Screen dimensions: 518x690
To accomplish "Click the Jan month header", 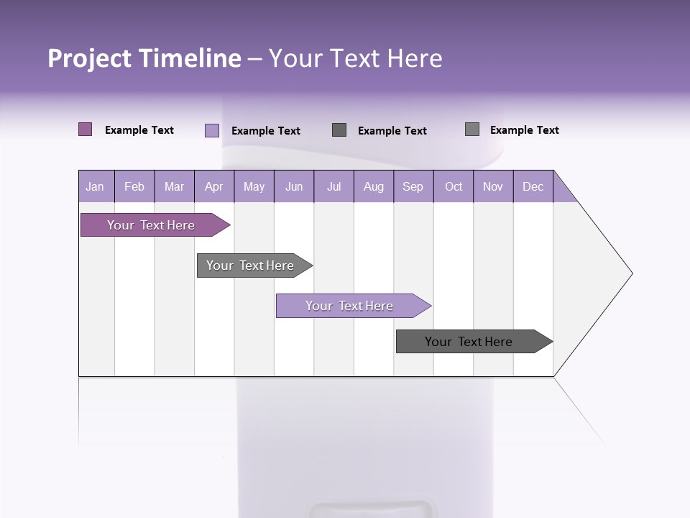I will click(x=95, y=187).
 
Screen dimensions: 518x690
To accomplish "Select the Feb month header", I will click(x=134, y=187).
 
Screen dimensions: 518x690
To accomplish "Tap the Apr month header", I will click(x=213, y=187).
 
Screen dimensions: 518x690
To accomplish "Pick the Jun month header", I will click(x=294, y=187).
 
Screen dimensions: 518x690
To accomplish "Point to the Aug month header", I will click(x=373, y=187).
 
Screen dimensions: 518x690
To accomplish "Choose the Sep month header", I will click(x=413, y=187).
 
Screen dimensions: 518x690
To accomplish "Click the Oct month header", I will click(x=454, y=187).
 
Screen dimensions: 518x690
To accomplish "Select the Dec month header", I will click(x=533, y=187).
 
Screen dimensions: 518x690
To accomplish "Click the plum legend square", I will click(x=86, y=129).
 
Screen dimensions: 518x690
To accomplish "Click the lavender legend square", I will click(x=212, y=130).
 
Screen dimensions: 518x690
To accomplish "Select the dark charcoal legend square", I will click(x=339, y=129).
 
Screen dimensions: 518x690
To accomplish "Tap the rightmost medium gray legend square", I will click(x=472, y=129).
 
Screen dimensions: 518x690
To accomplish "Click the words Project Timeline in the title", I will click(x=144, y=58).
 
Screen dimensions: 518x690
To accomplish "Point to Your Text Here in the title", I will click(x=355, y=58).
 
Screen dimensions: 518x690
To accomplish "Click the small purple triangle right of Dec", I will click(x=563, y=191).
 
